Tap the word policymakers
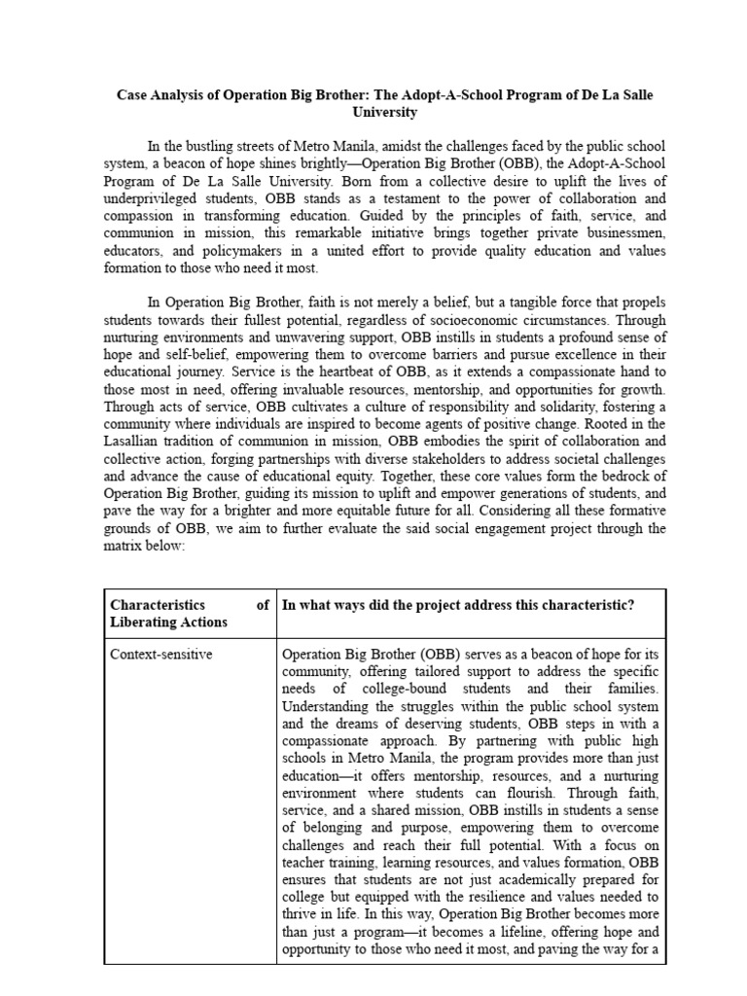213,251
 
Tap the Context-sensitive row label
161,655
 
